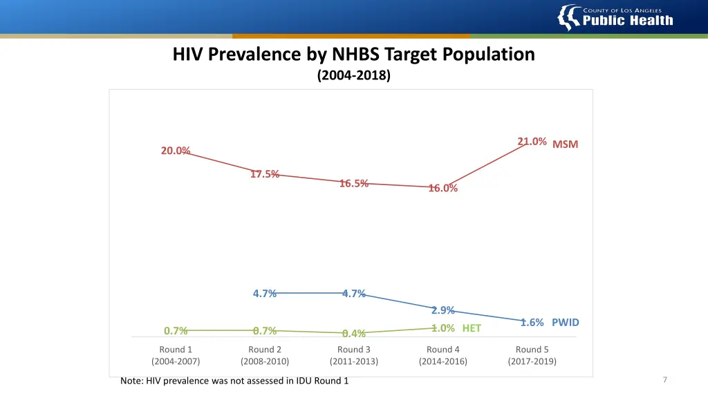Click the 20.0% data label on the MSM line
175,151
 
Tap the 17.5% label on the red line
265,174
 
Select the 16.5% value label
353,183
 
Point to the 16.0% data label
442,188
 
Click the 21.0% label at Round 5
532,142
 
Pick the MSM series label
565,144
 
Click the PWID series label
565,323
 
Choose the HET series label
472,328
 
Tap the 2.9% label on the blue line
442,310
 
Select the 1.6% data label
532,323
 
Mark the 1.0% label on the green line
442,328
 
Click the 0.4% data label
353,334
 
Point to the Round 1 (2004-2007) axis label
176,355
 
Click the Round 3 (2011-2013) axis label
354,355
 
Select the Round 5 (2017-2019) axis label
532,355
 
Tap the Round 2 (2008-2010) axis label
265,355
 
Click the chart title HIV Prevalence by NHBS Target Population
354,54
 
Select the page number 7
664,379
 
